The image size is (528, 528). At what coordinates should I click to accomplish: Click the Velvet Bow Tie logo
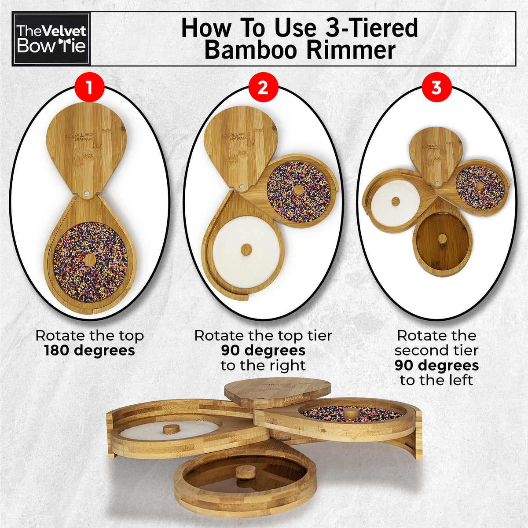tap(51, 39)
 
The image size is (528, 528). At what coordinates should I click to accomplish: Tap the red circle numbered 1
tap(89, 89)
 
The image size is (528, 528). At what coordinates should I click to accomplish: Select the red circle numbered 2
tap(263, 89)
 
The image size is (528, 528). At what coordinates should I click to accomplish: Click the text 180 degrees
tap(90, 350)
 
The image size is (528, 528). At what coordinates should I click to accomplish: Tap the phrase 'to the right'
tap(263, 366)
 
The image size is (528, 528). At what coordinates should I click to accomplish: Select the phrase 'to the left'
tap(436, 380)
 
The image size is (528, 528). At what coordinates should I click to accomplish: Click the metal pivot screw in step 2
tap(242, 187)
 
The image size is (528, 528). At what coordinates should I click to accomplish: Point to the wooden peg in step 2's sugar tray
tap(246, 249)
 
